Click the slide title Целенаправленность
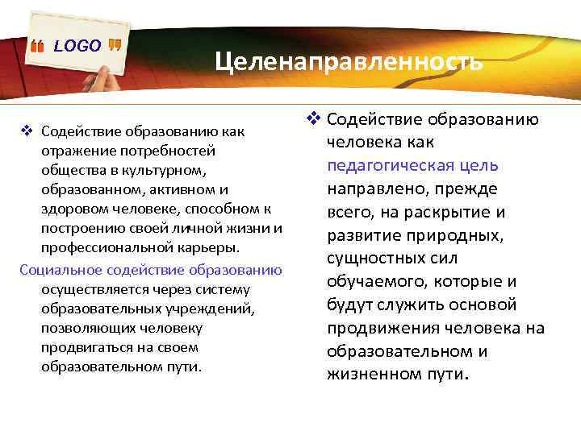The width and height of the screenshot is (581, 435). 349,61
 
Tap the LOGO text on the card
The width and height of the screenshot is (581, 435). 77,46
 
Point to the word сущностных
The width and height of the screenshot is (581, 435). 375,259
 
